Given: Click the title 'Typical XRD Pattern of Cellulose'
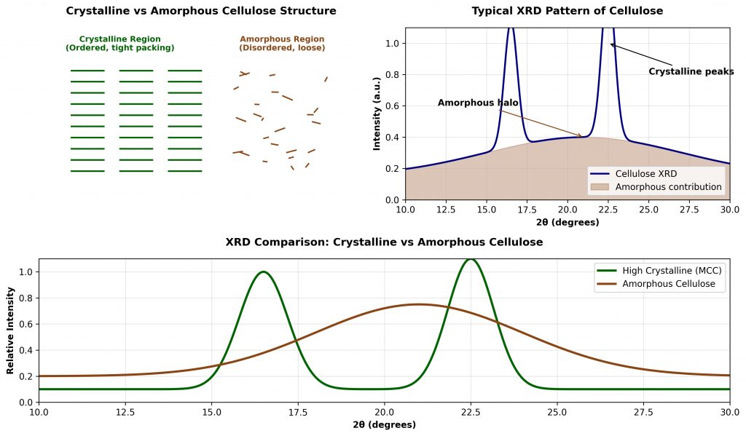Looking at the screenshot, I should tap(567, 11).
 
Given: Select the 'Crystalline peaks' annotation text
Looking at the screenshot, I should tap(691, 71).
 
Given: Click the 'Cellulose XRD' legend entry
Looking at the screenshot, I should tap(645, 175).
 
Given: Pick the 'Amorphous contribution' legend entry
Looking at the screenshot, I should tap(668, 187).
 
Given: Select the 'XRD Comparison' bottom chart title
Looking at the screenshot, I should tap(384, 242).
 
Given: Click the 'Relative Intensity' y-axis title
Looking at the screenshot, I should tap(11, 330).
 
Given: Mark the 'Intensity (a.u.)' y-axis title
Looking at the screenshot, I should tap(377, 114).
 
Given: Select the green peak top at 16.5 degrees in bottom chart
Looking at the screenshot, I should tap(263, 272).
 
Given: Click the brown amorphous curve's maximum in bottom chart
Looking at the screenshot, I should tap(418, 304).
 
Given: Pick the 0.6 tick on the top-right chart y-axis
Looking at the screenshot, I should tap(393, 106).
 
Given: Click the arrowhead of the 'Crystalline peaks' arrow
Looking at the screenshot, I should tap(611, 44).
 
